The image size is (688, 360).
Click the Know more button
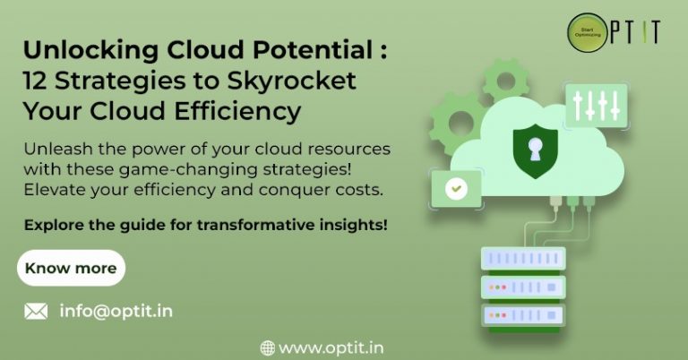(x=71, y=268)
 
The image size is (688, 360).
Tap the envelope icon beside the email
(x=36, y=312)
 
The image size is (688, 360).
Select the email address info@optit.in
(x=116, y=312)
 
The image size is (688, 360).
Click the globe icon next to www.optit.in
(x=267, y=347)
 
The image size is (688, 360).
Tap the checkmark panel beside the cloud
(x=458, y=189)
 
